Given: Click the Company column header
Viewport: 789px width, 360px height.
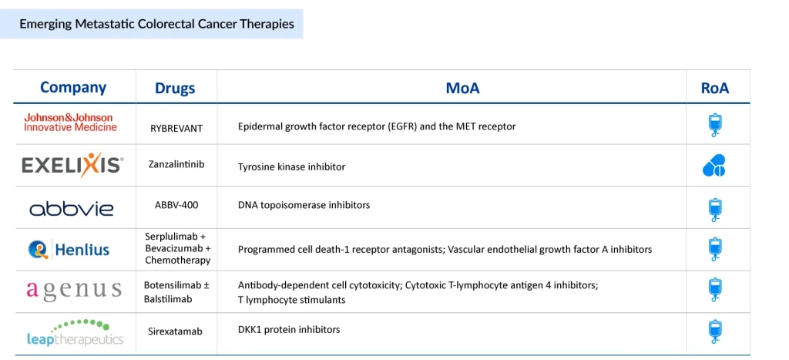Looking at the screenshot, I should pyautogui.click(x=73, y=88).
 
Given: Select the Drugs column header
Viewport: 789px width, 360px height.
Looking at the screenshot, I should pyautogui.click(x=175, y=89).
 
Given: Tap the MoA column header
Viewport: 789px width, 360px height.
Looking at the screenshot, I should pyautogui.click(x=462, y=88).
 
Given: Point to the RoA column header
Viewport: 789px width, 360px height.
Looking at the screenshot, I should pyautogui.click(x=714, y=88).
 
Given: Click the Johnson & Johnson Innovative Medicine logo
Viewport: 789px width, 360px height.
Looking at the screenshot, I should pyautogui.click(x=70, y=123).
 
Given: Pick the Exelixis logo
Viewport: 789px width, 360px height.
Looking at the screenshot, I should pyautogui.click(x=72, y=165).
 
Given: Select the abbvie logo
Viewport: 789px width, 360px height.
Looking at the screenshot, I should pyautogui.click(x=72, y=208).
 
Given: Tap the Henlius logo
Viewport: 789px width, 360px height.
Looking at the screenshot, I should pyautogui.click(x=69, y=249).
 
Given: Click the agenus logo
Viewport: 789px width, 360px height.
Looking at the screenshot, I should pyautogui.click(x=74, y=291).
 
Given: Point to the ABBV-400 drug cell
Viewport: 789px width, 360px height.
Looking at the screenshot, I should pyautogui.click(x=176, y=206).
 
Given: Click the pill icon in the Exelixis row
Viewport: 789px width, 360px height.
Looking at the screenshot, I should pyautogui.click(x=714, y=166).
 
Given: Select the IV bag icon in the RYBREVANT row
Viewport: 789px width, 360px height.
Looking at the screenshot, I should pyautogui.click(x=714, y=125).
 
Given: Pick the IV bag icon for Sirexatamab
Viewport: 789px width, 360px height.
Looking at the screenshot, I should pyautogui.click(x=714, y=331).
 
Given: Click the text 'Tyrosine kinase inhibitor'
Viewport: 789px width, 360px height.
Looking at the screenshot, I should pyautogui.click(x=291, y=167).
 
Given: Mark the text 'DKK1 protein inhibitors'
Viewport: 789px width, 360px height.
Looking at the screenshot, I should pyautogui.click(x=289, y=330).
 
